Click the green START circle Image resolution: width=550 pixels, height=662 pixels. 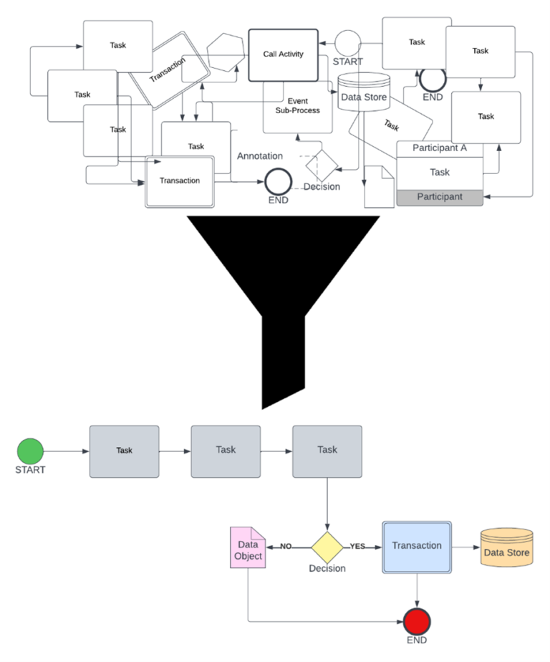[x=30, y=452]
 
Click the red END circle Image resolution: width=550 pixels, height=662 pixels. [x=416, y=620]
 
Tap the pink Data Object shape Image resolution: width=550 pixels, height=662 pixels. [x=248, y=548]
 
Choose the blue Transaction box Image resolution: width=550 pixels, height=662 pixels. [x=417, y=546]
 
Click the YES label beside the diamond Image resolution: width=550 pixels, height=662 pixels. [x=357, y=546]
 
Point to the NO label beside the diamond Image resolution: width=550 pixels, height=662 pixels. [x=286, y=546]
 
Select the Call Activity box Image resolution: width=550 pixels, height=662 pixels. [x=283, y=54]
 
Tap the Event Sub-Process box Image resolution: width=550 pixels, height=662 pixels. [x=297, y=107]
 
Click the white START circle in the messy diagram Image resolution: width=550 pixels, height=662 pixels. [x=348, y=42]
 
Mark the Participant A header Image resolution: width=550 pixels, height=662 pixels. [x=440, y=148]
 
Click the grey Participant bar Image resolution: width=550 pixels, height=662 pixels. [x=440, y=197]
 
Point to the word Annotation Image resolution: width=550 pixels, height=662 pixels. [x=259, y=155]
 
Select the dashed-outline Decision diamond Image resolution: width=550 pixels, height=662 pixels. [x=322, y=165]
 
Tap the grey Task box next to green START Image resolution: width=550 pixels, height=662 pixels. [x=124, y=451]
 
